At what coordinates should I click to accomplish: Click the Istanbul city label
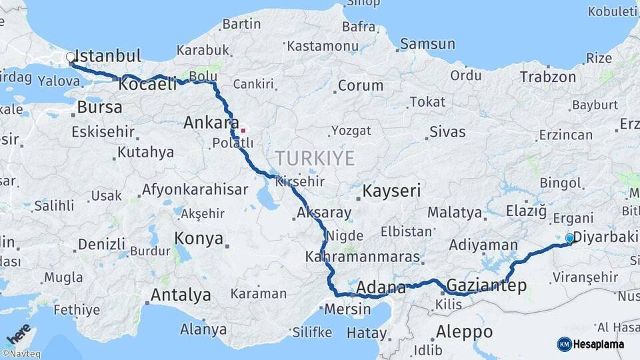pyautogui.click(x=108, y=55)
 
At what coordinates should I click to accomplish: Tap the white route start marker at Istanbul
pyautogui.click(x=70, y=58)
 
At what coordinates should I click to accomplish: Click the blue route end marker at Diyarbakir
pyautogui.click(x=569, y=238)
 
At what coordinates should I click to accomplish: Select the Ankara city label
pyautogui.click(x=211, y=123)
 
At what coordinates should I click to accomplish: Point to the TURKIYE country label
pyautogui.click(x=315, y=158)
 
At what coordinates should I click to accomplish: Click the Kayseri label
pyautogui.click(x=391, y=192)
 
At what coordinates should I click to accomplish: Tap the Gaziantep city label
pyautogui.click(x=487, y=285)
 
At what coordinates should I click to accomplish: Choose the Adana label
pyautogui.click(x=381, y=288)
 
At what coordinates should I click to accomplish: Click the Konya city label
pyautogui.click(x=199, y=239)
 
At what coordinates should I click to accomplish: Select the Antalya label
pyautogui.click(x=181, y=295)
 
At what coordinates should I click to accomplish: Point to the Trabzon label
pyautogui.click(x=547, y=77)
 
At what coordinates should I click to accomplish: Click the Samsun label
pyautogui.click(x=427, y=44)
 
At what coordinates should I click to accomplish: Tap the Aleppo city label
pyautogui.click(x=464, y=331)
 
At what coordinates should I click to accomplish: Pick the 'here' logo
pyautogui.click(x=18, y=334)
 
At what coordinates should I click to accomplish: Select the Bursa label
pyautogui.click(x=99, y=107)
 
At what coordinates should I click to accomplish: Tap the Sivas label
pyautogui.click(x=447, y=131)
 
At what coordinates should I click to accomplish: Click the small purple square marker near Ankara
pyautogui.click(x=243, y=131)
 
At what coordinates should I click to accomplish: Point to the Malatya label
pyautogui.click(x=455, y=213)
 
